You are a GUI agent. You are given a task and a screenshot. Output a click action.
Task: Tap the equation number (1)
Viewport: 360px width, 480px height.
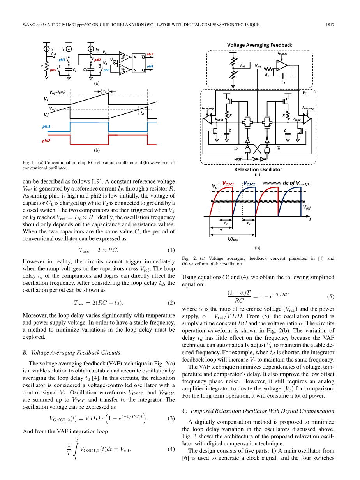[171, 250]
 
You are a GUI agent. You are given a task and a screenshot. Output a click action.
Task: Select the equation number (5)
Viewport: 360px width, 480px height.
[330, 296]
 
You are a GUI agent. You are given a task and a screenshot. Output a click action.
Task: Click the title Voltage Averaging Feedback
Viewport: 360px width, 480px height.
[259, 45]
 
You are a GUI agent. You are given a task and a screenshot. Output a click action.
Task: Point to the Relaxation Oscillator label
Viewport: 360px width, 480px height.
[258, 169]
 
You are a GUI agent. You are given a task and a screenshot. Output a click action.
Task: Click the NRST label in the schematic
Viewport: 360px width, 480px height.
[238, 159]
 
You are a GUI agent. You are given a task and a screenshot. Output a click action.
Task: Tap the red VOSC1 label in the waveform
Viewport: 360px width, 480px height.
[228, 184]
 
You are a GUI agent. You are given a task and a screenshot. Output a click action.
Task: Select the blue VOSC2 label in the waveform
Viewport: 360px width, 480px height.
[249, 184]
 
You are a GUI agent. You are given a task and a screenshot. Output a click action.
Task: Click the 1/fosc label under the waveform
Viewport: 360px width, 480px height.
[233, 239]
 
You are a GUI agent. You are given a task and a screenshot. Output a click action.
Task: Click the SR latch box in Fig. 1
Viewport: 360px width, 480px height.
[139, 63]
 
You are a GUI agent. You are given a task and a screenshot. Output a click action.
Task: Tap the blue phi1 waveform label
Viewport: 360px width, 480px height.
[46, 127]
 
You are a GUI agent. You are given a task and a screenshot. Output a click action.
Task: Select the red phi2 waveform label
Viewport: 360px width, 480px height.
[46, 141]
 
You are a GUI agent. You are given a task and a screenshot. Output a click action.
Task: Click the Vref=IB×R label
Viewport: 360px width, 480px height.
[57, 92]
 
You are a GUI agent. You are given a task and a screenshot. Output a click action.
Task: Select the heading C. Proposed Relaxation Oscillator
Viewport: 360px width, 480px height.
[258, 411]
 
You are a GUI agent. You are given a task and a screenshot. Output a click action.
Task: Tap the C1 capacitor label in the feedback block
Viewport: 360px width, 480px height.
[283, 82]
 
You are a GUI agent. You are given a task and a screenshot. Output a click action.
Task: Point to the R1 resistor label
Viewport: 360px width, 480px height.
[267, 74]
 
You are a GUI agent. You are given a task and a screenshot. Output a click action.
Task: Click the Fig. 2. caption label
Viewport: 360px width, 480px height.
[187, 258]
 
